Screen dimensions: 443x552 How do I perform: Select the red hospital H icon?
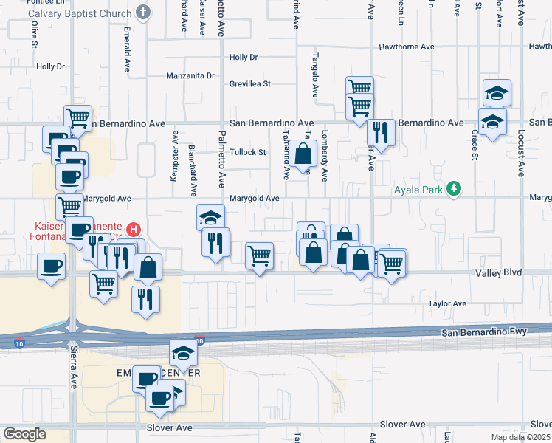coord(134,230)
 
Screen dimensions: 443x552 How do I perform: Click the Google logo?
coord(25,433)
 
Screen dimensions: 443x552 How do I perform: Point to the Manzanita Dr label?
coord(190,75)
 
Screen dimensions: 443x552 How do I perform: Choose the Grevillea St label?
coord(250,83)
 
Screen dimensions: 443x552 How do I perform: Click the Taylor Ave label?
coord(449,303)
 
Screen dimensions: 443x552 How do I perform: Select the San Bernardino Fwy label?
coord(485,332)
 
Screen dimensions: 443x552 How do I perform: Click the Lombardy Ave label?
coord(325,156)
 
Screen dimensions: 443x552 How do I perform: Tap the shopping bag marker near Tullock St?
coord(303,155)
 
